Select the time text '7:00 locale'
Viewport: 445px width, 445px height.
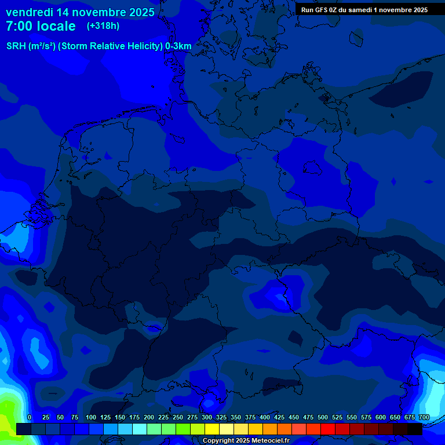click(x=41, y=26)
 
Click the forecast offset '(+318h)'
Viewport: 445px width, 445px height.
click(x=103, y=26)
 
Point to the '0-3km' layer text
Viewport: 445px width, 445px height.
click(x=178, y=46)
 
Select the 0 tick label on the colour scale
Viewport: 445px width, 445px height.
click(x=30, y=417)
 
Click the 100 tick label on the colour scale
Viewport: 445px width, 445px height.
click(x=91, y=417)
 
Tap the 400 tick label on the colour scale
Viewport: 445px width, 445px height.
click(x=265, y=417)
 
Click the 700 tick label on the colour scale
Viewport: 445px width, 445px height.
click(x=424, y=417)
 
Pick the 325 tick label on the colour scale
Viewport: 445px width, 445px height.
click(x=221, y=417)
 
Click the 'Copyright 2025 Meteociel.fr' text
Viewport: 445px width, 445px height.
click(x=246, y=441)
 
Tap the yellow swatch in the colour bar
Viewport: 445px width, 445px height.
click(x=212, y=429)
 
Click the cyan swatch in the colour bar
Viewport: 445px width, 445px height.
click(x=140, y=429)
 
